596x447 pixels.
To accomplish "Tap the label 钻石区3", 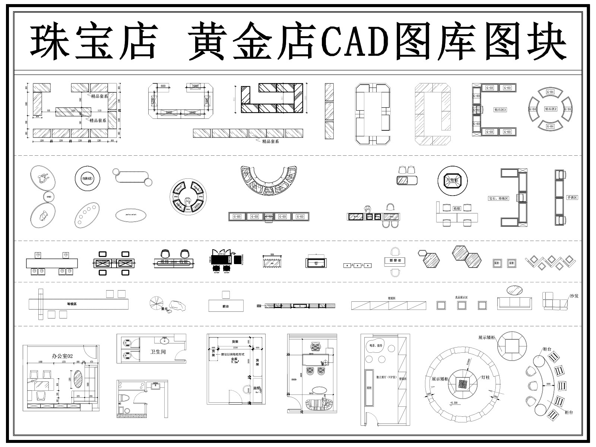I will pyautogui.click(x=500, y=110).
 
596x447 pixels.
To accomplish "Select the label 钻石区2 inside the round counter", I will pyautogui.click(x=550, y=109).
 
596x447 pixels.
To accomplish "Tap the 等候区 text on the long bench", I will pyautogui.click(x=72, y=304).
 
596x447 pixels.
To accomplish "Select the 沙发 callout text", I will pyautogui.click(x=574, y=296).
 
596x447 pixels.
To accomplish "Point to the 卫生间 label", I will pyautogui.click(x=158, y=352).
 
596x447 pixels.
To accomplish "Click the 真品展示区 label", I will pyautogui.click(x=461, y=297).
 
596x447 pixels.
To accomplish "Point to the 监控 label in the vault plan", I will pyautogui.click(x=257, y=388).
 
